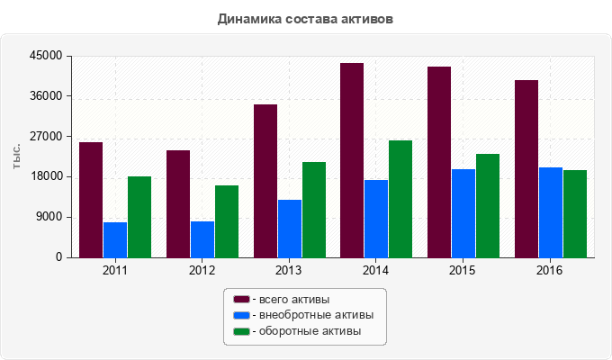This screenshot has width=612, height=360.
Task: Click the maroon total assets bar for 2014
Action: click(x=352, y=160)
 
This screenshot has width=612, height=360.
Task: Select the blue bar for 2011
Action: click(x=115, y=239)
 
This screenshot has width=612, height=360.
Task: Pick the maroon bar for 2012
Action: click(x=178, y=203)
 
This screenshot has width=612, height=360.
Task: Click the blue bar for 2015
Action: click(x=463, y=213)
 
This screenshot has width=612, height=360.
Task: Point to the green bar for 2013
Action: click(x=314, y=210)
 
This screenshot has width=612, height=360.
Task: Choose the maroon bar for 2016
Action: click(x=526, y=168)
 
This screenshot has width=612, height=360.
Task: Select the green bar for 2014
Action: click(x=400, y=199)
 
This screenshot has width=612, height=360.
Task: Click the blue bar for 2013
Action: click(x=290, y=229)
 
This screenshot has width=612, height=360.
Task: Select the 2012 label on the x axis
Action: click(x=202, y=270)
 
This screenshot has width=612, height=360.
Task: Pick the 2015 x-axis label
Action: click(x=463, y=270)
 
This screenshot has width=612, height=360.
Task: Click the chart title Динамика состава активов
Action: click(x=306, y=18)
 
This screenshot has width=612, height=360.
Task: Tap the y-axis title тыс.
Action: click(x=17, y=156)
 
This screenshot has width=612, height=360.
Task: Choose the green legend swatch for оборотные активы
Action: click(x=241, y=331)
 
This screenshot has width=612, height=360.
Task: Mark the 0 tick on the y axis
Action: click(x=58, y=257)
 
